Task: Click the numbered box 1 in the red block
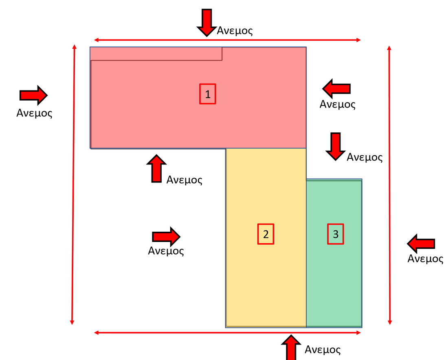click(207, 94)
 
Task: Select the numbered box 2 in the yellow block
click(266, 234)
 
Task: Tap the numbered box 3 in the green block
click(335, 234)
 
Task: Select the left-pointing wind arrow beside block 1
click(336, 88)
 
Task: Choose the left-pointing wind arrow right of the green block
click(421, 244)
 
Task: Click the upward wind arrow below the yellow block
click(291, 347)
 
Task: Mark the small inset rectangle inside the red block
click(156, 54)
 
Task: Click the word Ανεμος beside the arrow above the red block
click(235, 31)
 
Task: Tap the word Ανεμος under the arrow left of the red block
click(34, 113)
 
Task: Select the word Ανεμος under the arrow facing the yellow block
click(166, 250)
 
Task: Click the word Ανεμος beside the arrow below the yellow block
click(323, 349)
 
